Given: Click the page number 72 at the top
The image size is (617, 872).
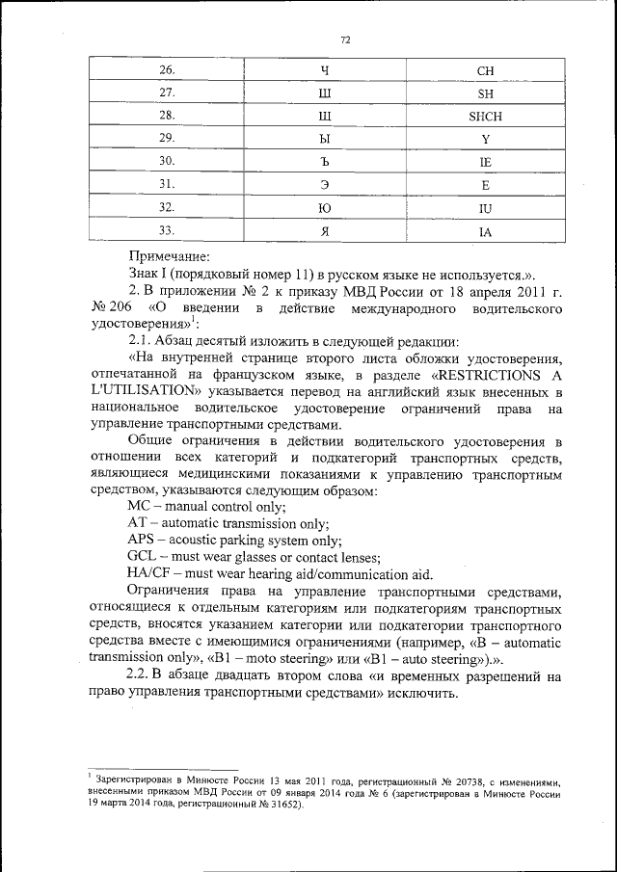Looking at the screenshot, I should (x=345, y=40).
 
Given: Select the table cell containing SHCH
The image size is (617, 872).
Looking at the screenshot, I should (x=485, y=117).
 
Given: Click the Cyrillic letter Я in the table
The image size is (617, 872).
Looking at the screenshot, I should (x=324, y=231).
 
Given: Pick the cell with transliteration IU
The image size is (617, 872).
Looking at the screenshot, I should (x=485, y=208).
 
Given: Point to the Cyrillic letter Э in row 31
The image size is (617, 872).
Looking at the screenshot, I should (x=324, y=185).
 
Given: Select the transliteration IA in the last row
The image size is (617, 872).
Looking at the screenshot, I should (x=485, y=231).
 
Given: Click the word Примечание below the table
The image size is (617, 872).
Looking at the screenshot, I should (x=170, y=256).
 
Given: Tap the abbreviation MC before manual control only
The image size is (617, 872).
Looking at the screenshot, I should (x=139, y=505).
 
